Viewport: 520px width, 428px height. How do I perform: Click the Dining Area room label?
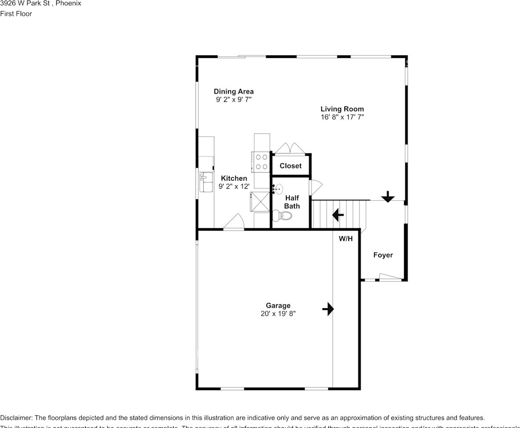click(x=233, y=92)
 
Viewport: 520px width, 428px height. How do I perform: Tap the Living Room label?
click(x=342, y=109)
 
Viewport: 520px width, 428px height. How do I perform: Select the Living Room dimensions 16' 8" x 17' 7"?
click(x=342, y=117)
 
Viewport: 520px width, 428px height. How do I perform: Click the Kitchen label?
click(x=234, y=178)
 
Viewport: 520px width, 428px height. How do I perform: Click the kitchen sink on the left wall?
click(x=206, y=182)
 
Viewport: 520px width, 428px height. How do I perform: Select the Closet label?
click(x=290, y=166)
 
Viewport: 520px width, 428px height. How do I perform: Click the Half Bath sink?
click(x=278, y=189)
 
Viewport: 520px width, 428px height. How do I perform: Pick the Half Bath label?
click(x=292, y=202)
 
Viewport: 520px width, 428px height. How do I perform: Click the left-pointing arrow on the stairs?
click(x=338, y=216)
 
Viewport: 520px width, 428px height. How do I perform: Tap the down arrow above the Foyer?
click(x=388, y=196)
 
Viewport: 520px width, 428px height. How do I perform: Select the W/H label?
click(x=346, y=239)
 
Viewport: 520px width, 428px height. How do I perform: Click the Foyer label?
click(x=383, y=255)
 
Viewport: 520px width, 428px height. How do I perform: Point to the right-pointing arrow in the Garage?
click(x=328, y=309)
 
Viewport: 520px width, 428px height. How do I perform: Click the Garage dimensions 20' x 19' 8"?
click(x=278, y=314)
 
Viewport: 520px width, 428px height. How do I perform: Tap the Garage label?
click(x=278, y=305)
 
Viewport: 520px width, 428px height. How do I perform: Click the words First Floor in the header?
click(x=16, y=13)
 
